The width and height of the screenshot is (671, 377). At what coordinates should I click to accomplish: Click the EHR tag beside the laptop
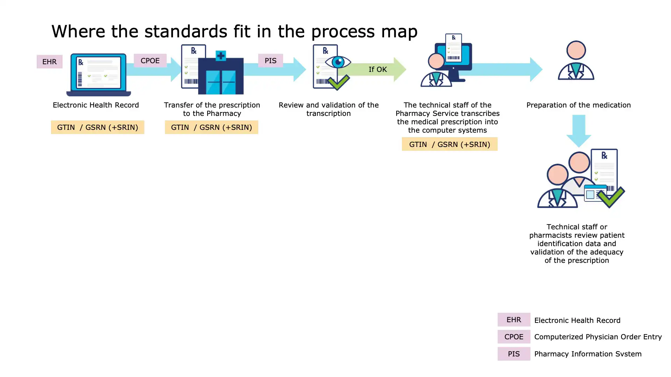coord(49,62)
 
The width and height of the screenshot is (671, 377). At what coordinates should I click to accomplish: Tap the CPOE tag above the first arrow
coord(150,61)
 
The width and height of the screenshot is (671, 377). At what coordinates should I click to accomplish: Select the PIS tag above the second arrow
coord(270,61)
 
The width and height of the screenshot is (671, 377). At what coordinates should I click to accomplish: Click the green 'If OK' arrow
coord(377,69)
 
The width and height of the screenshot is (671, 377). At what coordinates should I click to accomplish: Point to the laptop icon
coord(99,75)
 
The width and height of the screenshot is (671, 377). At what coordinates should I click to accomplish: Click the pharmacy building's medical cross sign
coord(221,56)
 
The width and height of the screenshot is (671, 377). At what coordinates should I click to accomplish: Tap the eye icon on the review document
coord(338,62)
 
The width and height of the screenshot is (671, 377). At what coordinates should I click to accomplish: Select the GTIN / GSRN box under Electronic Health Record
coord(98,127)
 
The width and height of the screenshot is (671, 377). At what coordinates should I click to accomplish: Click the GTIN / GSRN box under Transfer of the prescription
coord(211,127)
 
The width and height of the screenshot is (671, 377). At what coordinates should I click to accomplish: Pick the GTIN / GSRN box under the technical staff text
coord(449,144)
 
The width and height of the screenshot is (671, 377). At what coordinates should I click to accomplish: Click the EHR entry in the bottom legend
coord(514,320)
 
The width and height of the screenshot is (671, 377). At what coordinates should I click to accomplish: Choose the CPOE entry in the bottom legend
coord(514,337)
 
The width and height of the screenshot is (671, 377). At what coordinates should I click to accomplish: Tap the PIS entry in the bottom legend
coord(514,354)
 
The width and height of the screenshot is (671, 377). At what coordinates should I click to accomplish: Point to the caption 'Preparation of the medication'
coord(578,105)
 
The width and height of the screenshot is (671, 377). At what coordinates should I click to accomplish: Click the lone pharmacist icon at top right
coord(576,61)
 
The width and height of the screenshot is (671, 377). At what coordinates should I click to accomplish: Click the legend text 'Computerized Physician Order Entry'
coord(598,337)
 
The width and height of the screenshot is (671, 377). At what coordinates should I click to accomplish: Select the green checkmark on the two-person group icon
coord(611,197)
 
